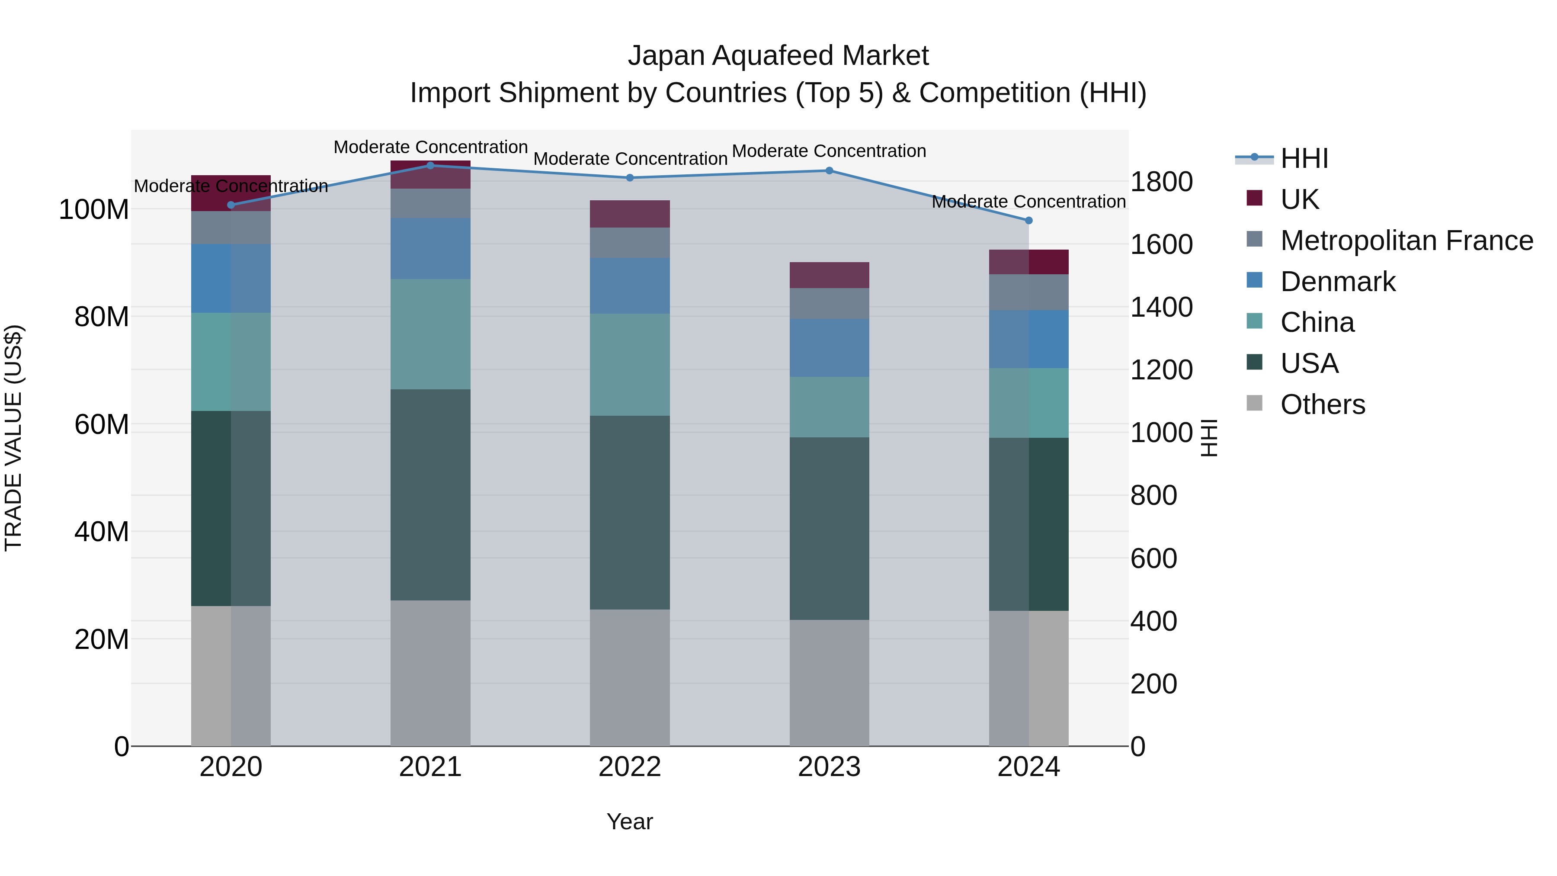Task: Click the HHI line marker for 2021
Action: point(430,165)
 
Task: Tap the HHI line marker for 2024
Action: point(1029,221)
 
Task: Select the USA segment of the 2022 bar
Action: point(630,512)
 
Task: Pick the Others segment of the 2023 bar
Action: point(829,683)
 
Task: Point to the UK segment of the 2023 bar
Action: point(829,275)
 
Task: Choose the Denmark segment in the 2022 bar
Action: point(630,286)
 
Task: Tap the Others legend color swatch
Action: point(1255,403)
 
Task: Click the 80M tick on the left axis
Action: point(102,317)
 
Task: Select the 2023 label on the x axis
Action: point(829,767)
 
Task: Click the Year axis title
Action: point(630,821)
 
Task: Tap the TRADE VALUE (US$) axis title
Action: point(13,438)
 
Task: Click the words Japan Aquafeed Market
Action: point(778,56)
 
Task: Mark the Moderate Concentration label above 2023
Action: point(829,151)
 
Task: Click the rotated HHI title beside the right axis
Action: point(1208,438)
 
